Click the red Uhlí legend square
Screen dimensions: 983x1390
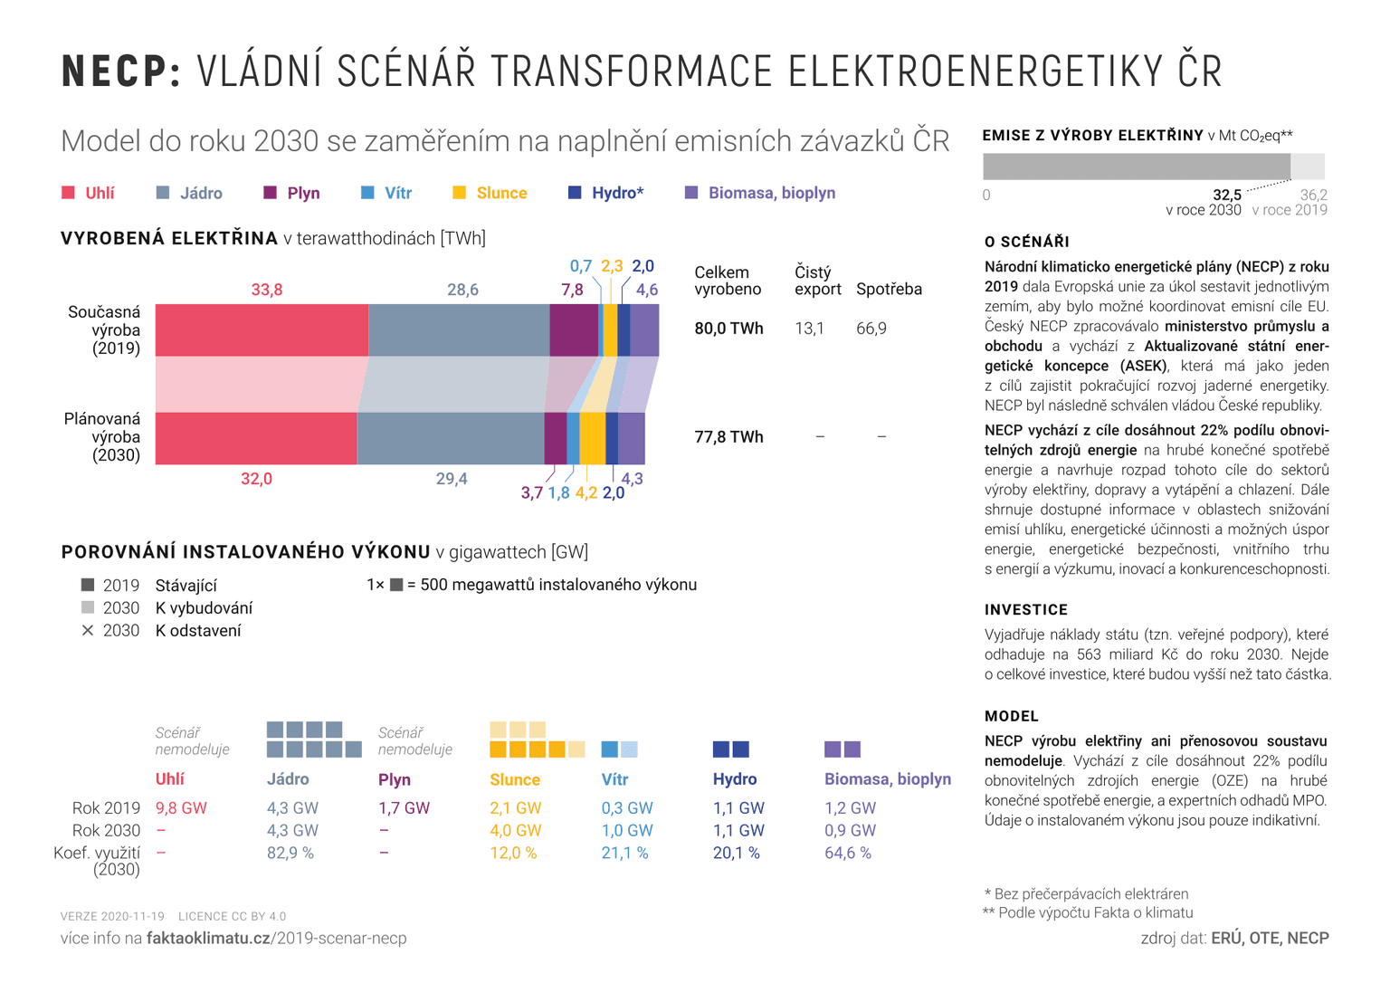tap(68, 193)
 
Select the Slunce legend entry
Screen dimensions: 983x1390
tap(500, 193)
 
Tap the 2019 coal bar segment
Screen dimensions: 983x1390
tap(262, 330)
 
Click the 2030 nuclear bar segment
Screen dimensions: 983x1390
tap(450, 438)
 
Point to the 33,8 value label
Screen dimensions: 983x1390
tap(267, 290)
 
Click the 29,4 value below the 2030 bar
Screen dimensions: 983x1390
tap(452, 479)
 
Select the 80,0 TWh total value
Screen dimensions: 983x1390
tap(728, 329)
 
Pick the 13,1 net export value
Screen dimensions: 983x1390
tap(809, 329)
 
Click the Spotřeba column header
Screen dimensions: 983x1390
tap(889, 290)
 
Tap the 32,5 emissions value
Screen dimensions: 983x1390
tap(1226, 195)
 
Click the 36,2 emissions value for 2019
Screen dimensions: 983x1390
tap(1313, 195)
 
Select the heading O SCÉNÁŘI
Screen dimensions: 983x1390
tap(1027, 242)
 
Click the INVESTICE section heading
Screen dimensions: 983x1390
tap(1026, 610)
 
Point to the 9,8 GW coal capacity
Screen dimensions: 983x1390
tap(181, 808)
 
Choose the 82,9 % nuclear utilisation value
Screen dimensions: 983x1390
tap(290, 853)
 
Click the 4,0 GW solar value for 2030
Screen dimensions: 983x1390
tap(515, 830)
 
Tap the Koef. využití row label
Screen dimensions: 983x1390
tap(97, 853)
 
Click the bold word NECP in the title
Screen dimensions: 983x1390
tap(121, 72)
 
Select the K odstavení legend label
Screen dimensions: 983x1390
tap(198, 631)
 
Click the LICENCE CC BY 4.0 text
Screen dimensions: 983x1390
tap(232, 916)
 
